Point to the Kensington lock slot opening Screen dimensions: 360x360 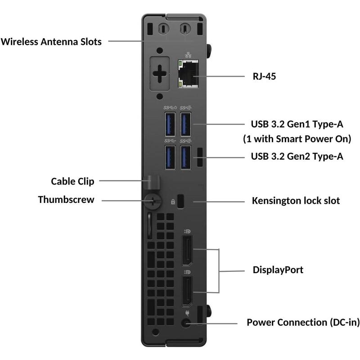(181, 201)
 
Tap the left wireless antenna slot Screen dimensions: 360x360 (163, 28)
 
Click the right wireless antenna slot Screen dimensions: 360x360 (184, 28)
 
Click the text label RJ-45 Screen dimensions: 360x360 (264, 76)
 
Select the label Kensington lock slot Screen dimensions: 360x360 (296, 200)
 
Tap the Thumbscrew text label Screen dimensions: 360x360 (66, 199)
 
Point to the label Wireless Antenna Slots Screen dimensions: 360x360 (51, 42)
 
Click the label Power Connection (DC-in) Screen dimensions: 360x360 (303, 323)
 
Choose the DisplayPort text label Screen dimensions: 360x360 (278, 270)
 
